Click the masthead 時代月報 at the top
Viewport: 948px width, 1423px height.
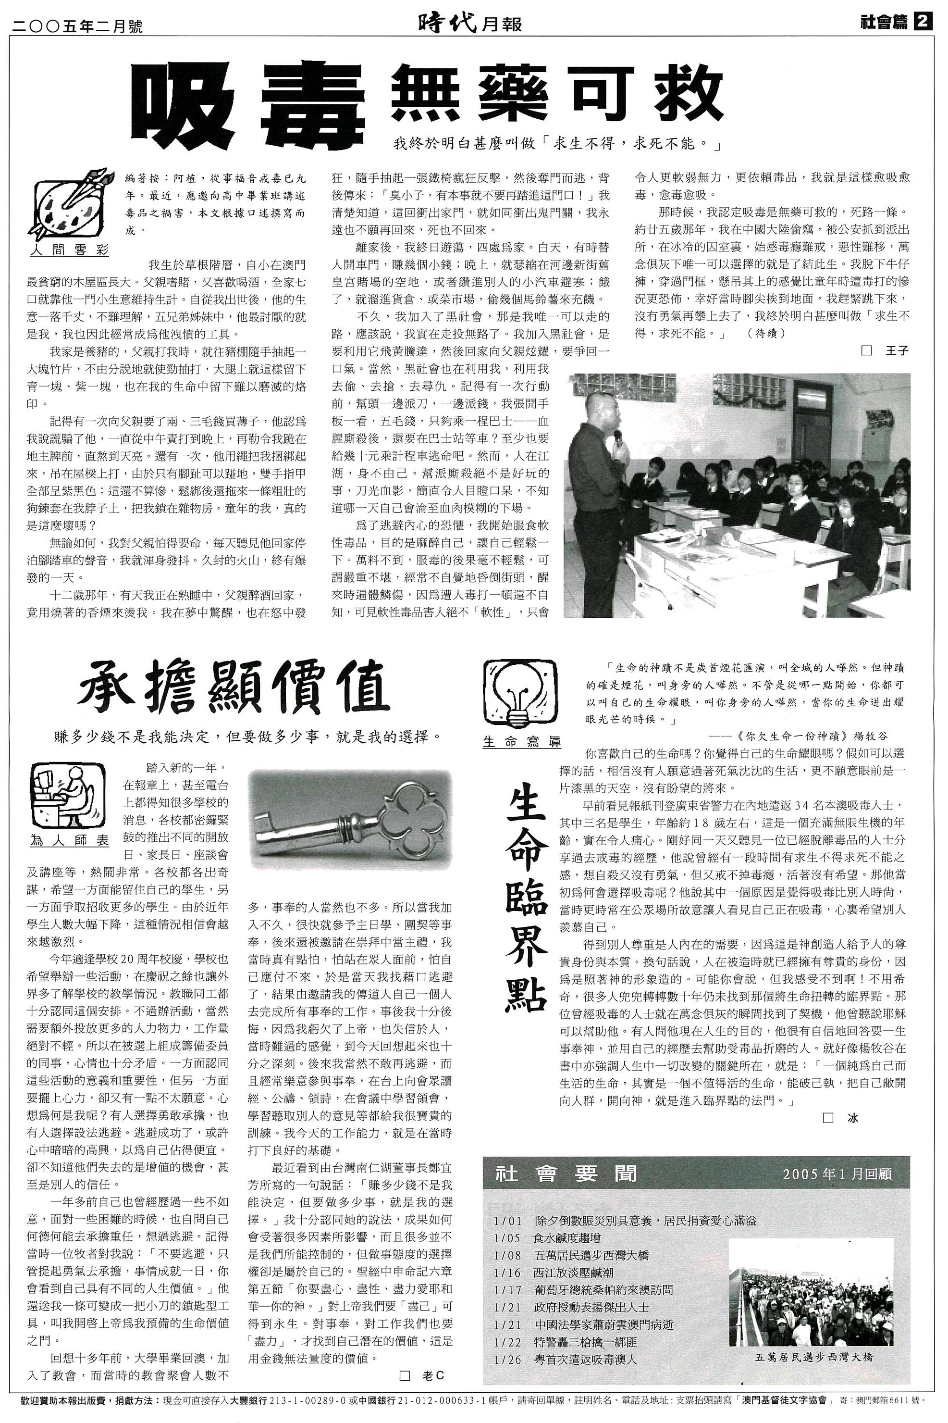(x=469, y=24)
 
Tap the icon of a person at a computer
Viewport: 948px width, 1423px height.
(x=68, y=797)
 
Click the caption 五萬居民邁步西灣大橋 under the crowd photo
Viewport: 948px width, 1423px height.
(x=814, y=1357)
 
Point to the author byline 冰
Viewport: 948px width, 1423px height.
(x=852, y=1118)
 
